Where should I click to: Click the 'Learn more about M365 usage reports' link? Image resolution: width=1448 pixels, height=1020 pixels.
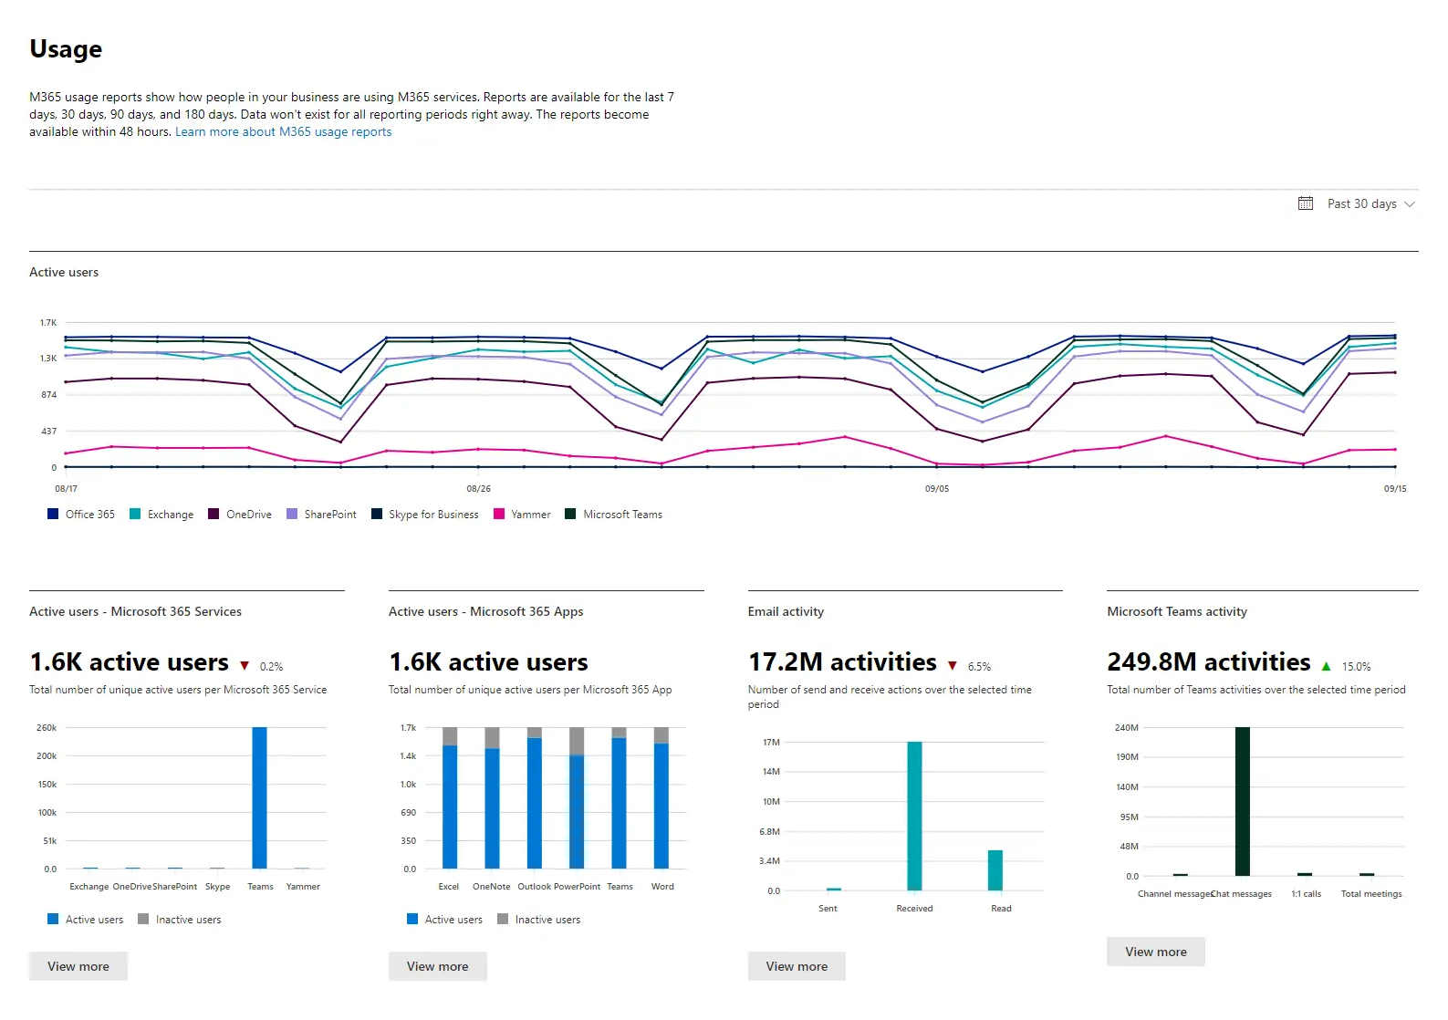[x=283, y=132]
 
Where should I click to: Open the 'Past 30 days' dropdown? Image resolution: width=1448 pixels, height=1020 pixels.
[x=1359, y=204]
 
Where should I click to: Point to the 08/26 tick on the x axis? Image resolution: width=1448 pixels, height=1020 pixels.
[x=478, y=489]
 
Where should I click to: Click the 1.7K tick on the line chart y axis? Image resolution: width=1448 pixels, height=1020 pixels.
[x=48, y=323]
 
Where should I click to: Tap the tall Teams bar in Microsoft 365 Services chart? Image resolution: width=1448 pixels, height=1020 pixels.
[x=260, y=797]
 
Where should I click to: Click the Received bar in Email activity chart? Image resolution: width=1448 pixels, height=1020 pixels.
[x=914, y=816]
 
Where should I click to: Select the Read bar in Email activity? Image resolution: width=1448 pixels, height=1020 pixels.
[x=995, y=870]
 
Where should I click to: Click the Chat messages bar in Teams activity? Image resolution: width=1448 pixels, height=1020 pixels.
[x=1242, y=801]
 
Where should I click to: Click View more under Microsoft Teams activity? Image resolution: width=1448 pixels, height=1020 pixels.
[x=1155, y=952]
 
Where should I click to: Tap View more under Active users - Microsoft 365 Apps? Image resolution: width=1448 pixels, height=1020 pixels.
[x=437, y=966]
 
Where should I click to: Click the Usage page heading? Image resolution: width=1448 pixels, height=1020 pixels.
[x=66, y=49]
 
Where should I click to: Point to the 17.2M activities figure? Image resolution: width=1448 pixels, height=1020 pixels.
[x=842, y=662]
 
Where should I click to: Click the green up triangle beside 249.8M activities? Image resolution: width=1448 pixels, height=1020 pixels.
[x=1326, y=667]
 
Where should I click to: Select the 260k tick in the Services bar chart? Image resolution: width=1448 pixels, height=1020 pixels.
[x=47, y=728]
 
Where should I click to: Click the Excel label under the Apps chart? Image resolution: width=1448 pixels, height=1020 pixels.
[x=449, y=887]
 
